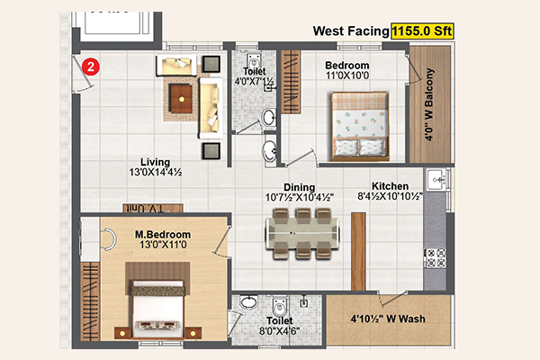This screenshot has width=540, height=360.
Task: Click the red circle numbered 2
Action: coord(91,67)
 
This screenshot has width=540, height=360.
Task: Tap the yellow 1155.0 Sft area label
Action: coord(422,31)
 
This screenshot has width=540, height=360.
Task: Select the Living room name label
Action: coord(155,162)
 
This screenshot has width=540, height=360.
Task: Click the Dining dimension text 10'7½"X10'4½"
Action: coord(300,197)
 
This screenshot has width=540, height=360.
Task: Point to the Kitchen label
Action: coord(391,186)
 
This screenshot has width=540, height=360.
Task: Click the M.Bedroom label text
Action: coord(163,235)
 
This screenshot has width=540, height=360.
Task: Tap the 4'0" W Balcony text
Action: coord(429,104)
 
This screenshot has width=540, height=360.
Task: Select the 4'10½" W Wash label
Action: coord(388,319)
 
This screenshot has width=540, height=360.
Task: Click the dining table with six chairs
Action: coord(302,234)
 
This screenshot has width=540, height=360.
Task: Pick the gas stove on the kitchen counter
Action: coord(435,258)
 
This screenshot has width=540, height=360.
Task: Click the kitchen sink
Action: coord(436,179)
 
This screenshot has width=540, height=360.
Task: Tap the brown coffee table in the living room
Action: coord(181,99)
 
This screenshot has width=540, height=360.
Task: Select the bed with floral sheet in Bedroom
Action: coord(360,126)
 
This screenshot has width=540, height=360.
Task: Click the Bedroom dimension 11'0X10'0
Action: coord(347,76)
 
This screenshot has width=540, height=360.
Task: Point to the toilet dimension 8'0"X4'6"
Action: coord(280,331)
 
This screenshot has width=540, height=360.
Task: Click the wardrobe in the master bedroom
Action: coord(90,301)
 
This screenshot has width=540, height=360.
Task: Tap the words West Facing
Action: coord(351,31)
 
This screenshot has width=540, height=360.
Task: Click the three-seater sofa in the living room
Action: coord(211,108)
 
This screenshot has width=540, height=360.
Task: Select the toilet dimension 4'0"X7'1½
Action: coord(254,82)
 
